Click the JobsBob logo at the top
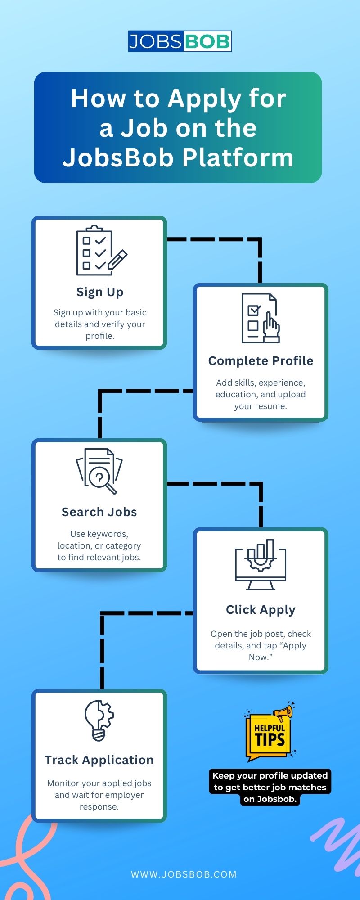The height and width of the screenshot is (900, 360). coord(180,41)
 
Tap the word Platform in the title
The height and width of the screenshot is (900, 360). coord(238,158)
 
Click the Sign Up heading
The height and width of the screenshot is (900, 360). coord(100,292)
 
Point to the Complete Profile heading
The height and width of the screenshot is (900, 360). coord(261,361)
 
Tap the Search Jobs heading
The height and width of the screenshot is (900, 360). coord(99,512)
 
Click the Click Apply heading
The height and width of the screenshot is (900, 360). coord(261,610)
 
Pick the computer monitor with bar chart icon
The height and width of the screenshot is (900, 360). coord(261,565)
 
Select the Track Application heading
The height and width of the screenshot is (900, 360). coord(99,760)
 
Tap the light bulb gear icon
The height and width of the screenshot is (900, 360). coord(99,720)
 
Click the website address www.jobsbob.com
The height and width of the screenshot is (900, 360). coord(184,874)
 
